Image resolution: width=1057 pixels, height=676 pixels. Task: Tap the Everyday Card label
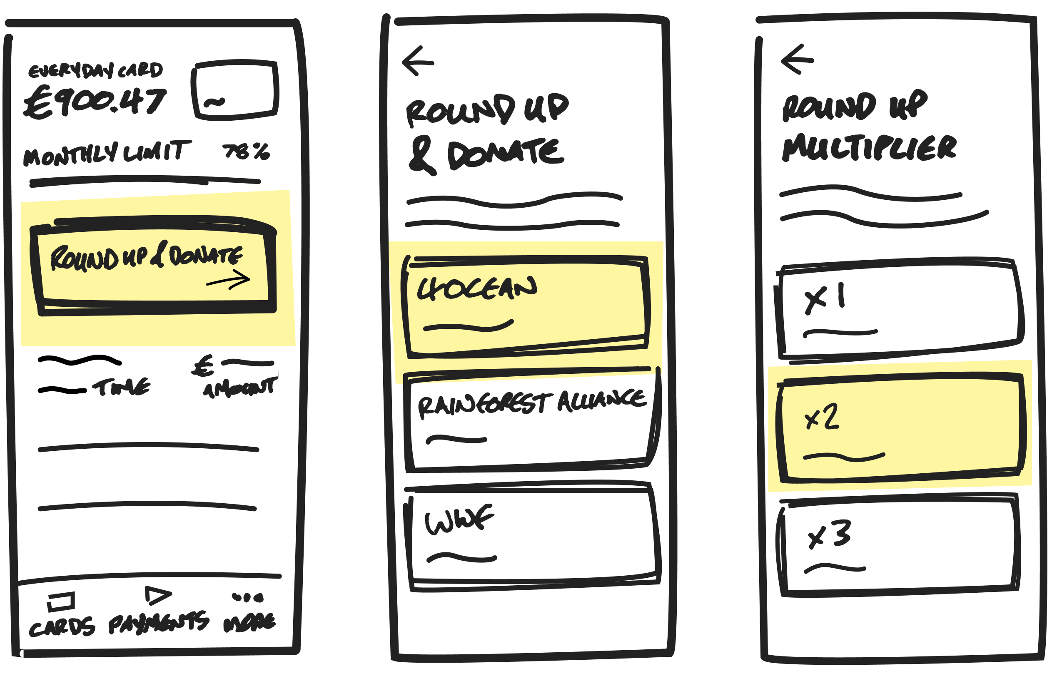click(x=95, y=70)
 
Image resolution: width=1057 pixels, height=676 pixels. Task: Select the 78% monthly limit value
click(x=246, y=152)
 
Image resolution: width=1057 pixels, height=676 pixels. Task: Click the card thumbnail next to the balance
click(x=235, y=90)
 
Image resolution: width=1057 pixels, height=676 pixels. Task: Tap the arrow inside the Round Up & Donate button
click(x=228, y=280)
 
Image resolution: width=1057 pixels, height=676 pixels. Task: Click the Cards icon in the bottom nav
click(x=62, y=601)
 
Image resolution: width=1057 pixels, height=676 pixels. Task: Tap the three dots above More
click(x=248, y=597)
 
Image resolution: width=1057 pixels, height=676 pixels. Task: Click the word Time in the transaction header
click(x=121, y=387)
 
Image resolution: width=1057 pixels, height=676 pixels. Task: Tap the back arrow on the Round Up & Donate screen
click(x=418, y=62)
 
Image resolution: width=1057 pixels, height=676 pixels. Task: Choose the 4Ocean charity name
click(x=476, y=289)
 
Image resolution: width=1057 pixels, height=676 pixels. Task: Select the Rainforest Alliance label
click(x=531, y=403)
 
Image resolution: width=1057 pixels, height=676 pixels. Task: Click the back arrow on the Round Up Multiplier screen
click(x=797, y=60)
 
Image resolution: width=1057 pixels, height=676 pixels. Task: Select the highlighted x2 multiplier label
click(x=822, y=417)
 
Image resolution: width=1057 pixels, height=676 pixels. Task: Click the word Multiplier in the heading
click(x=869, y=148)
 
